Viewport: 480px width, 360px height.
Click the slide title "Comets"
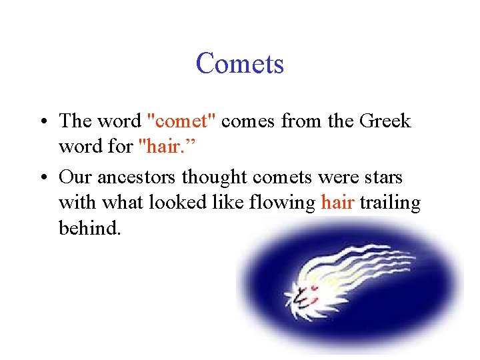tap(240, 64)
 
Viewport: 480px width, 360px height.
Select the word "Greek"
tap(385, 121)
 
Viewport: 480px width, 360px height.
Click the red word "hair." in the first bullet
tap(159, 147)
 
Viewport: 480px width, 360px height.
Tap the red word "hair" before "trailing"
tap(337, 203)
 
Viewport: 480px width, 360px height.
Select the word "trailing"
tap(390, 203)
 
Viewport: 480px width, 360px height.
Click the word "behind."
tap(90, 228)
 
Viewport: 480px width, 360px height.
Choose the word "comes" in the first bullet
tap(249, 121)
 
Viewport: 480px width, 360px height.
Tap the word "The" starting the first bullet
tap(75, 121)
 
